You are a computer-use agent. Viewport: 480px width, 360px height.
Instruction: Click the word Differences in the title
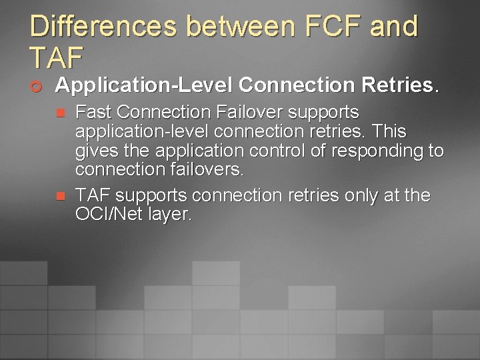pos(103,27)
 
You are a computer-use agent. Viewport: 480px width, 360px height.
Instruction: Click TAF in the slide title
pos(57,58)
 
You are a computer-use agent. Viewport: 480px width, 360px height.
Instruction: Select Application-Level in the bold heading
pos(143,85)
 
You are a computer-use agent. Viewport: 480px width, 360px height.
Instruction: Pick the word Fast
pos(92,112)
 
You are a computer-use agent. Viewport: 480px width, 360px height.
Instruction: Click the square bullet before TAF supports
pos(59,197)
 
